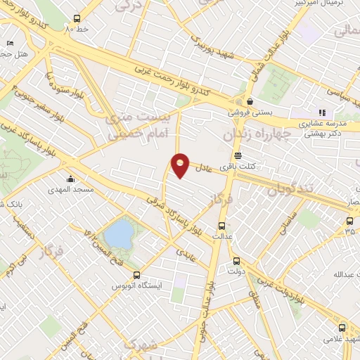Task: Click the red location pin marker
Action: pos(181,166)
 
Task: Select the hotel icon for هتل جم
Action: pos(9,43)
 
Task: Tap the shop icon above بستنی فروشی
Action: pos(250,101)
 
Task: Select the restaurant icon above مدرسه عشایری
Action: pos(322,112)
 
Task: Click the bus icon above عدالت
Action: pos(222,226)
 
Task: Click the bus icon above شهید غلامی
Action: pos(342,328)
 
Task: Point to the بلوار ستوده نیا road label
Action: pos(58,84)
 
